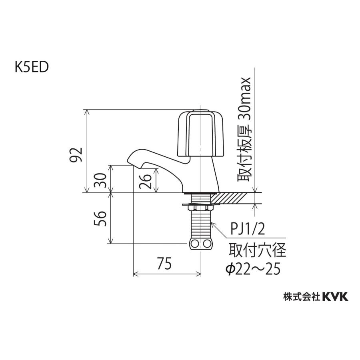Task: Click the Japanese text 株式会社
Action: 301,296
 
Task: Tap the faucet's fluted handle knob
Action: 200,134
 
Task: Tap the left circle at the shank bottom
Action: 194,244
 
